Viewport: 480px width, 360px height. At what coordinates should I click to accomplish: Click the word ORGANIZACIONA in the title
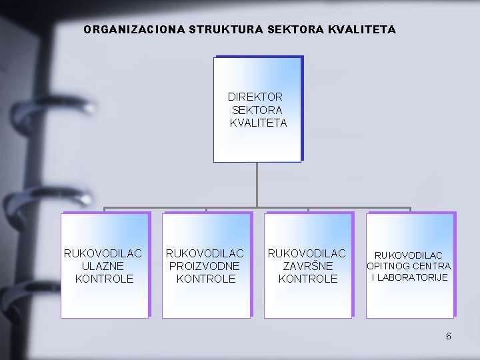click(125, 30)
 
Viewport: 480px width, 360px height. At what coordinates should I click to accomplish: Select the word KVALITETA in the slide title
click(362, 30)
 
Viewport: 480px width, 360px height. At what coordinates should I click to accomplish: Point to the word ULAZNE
click(103, 266)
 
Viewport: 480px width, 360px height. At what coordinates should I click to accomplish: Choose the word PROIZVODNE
click(205, 266)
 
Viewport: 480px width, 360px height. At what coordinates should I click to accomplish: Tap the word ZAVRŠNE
click(307, 266)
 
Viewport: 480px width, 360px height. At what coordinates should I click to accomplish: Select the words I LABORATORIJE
click(409, 277)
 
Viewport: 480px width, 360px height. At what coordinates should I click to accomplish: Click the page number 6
click(449, 336)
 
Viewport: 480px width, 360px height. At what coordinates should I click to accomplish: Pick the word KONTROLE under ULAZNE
click(104, 279)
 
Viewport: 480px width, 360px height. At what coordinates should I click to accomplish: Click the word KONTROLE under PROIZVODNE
click(206, 279)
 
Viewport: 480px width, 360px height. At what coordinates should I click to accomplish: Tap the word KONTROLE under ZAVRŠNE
click(307, 279)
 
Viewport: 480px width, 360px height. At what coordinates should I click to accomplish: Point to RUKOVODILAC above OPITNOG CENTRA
click(409, 255)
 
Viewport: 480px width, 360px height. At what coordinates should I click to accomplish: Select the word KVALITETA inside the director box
click(258, 123)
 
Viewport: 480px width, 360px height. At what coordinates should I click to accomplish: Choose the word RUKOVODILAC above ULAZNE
click(103, 253)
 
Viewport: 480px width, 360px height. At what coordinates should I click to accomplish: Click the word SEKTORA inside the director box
click(257, 109)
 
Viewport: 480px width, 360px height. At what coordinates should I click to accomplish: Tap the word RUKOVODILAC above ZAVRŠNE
click(307, 253)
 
